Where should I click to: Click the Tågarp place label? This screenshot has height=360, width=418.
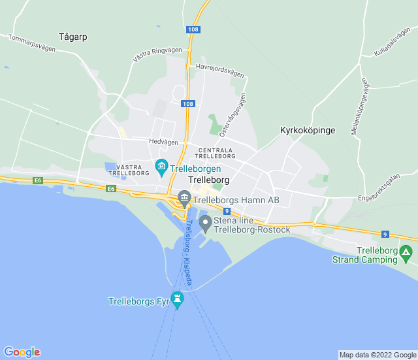coord(72,37)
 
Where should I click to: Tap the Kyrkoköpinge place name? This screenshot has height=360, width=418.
coord(307,130)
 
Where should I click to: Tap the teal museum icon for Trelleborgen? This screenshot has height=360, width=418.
coord(161,168)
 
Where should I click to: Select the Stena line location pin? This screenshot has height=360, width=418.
coord(205,224)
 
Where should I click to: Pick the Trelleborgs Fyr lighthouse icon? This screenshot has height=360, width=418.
coord(177,300)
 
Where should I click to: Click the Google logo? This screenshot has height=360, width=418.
coord(22,352)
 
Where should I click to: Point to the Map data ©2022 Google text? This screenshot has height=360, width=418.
coord(378,355)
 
